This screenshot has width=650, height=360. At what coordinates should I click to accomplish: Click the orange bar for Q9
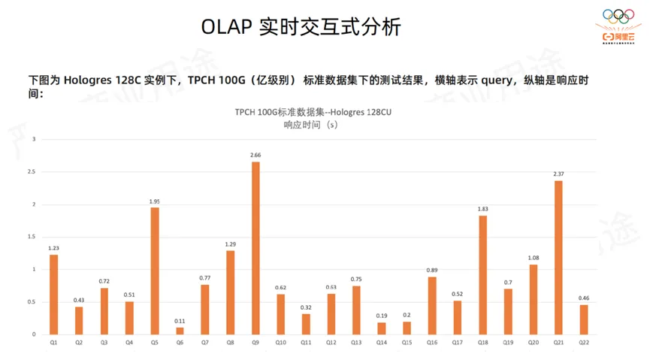point(255,248)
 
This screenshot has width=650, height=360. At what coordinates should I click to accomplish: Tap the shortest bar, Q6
point(180,330)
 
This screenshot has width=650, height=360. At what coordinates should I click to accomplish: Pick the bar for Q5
point(155,271)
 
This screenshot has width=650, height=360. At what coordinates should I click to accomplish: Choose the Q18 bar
point(482,274)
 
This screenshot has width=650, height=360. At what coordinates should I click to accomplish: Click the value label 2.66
point(255,155)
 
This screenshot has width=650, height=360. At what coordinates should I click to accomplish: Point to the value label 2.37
point(558,174)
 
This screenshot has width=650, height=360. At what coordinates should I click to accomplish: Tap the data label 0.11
point(180,321)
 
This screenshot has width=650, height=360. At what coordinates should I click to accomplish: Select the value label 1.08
point(533,258)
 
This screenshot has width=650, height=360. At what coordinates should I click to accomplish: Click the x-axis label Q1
point(53,342)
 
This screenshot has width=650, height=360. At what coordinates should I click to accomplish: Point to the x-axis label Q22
point(584,342)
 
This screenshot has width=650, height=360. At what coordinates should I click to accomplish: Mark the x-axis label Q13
point(356,342)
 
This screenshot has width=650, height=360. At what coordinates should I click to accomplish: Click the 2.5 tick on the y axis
point(32,172)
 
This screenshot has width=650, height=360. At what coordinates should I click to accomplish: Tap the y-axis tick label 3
point(34,140)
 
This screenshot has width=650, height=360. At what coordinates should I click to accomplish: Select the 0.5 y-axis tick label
point(32,302)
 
